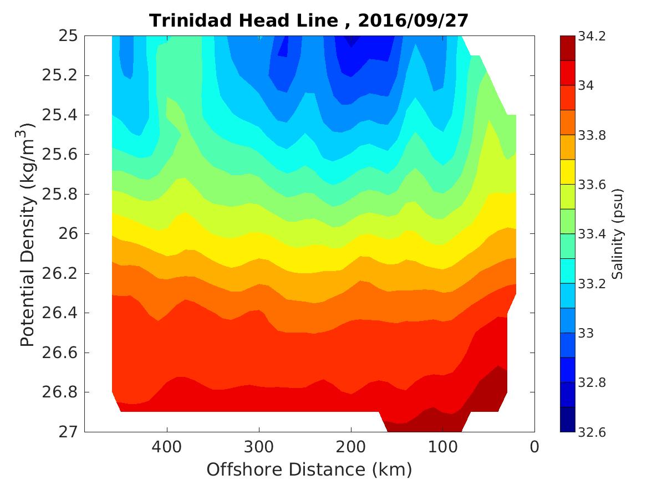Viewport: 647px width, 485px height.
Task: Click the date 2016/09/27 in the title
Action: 413,21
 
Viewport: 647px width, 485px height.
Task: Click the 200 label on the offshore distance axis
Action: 350,446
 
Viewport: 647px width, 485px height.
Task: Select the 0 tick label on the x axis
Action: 534,446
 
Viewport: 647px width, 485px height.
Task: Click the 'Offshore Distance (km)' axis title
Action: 309,470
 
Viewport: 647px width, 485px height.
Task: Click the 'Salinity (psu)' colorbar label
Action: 618,234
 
